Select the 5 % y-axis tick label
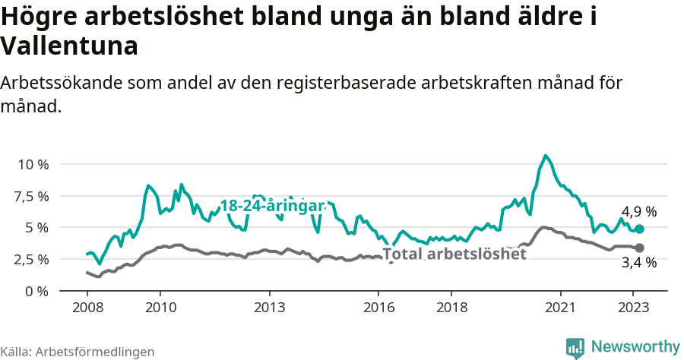pos(37,227)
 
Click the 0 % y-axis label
pos(37,291)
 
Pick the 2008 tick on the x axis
pos(87,308)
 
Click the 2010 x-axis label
pos(160,308)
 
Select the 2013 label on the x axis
pos(269,308)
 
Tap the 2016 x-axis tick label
pos(378,308)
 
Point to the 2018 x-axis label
pos(451,308)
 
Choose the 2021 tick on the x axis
pos(561,308)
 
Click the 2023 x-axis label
pos(634,308)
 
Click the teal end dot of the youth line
pos(639,229)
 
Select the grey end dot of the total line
pos(639,248)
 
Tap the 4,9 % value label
pos(638,212)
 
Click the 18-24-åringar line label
pos(273,206)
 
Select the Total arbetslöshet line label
pos(454,254)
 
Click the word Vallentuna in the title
pos(69,46)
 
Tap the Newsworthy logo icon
pos(575,347)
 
